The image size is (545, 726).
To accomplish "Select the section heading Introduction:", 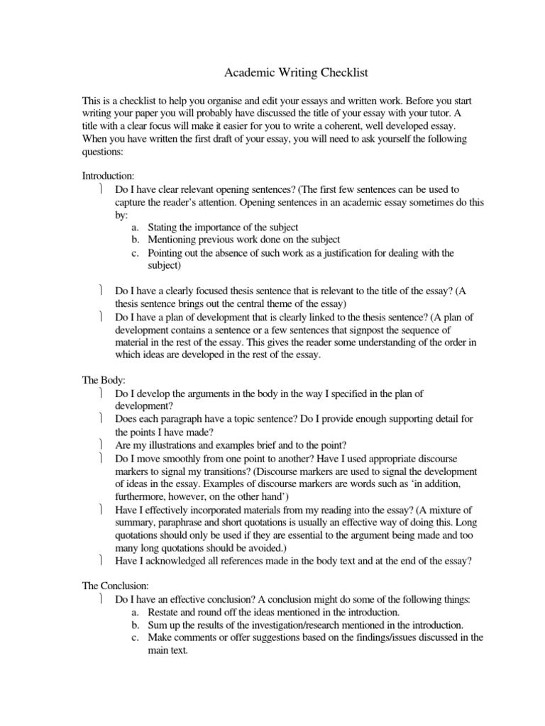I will (x=108, y=176).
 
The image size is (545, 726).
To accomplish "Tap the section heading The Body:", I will (x=104, y=380).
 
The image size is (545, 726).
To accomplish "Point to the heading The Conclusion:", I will (x=115, y=586).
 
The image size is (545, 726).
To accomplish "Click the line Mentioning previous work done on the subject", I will (x=243, y=240).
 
